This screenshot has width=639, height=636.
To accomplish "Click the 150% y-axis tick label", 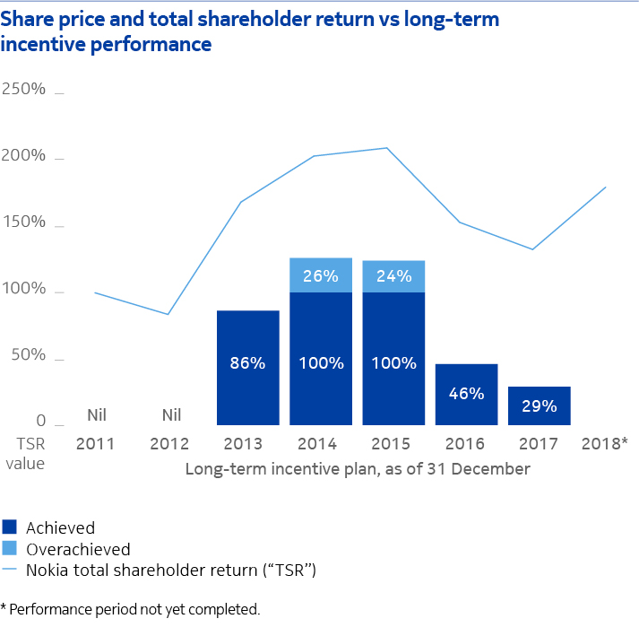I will [x=24, y=222].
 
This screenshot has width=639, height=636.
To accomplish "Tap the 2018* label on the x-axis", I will [x=605, y=444].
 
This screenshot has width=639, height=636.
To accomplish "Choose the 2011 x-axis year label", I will [x=96, y=444].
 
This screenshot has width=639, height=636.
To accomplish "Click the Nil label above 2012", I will [x=171, y=414].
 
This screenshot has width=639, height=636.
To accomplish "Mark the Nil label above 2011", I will [x=98, y=414].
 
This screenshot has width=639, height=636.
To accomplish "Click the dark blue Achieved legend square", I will [x=10, y=527].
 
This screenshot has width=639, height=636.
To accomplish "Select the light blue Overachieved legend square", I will [x=10, y=548].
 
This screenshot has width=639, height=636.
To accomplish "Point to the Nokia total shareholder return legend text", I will [x=171, y=569].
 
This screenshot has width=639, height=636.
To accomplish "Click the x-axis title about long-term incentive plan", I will [x=358, y=468].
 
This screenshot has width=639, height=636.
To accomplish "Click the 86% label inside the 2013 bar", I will [x=248, y=363].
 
